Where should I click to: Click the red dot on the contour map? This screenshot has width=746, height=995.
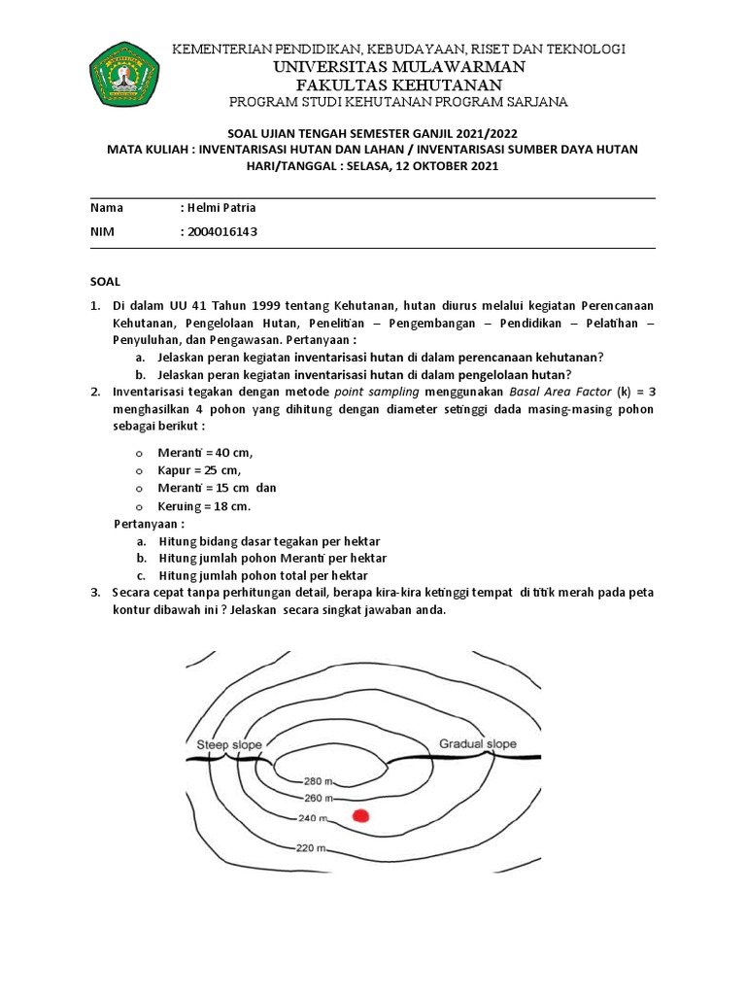pos(362,816)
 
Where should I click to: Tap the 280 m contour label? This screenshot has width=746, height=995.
pos(317,780)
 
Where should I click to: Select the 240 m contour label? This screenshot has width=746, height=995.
pos(312,818)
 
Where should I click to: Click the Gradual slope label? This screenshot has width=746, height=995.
pos(478,744)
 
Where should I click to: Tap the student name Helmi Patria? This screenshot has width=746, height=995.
pos(221,208)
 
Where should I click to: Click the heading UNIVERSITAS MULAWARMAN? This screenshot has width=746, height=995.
pos(398,66)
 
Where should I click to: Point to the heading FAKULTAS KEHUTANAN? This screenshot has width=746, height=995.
pos(398,85)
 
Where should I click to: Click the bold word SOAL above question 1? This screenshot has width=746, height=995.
pos(105,281)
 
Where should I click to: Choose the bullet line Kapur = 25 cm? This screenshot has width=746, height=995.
pos(199,470)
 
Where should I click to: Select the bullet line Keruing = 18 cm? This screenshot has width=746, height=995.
pos(204,506)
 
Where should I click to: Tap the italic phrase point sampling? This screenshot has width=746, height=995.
pos(376,392)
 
